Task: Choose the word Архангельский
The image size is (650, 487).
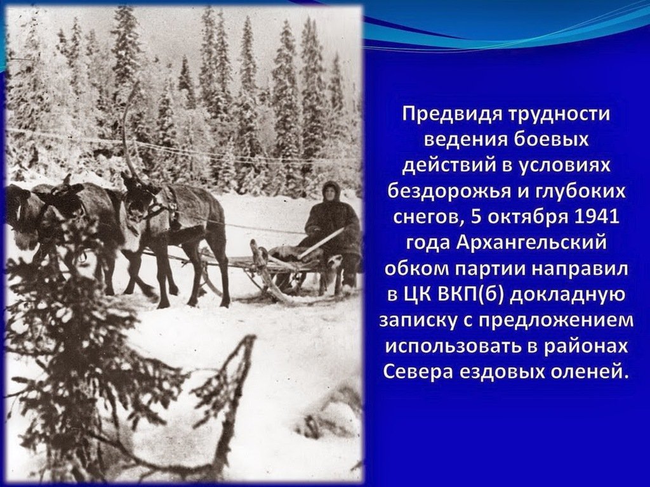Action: tap(531, 243)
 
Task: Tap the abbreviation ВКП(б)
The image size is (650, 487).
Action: tap(470, 295)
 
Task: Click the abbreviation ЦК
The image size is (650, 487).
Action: tap(417, 295)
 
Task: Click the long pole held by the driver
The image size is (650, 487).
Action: tap(322, 243)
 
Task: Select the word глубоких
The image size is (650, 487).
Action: tap(582, 192)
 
